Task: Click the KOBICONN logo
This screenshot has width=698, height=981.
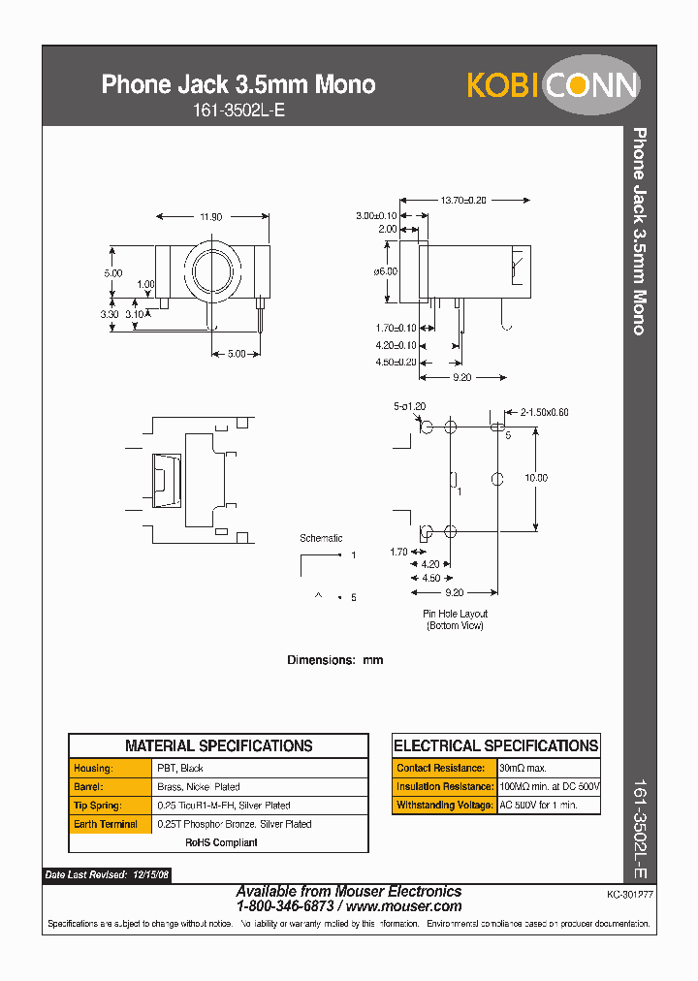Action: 553,85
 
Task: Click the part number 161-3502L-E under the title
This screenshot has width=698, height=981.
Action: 238,111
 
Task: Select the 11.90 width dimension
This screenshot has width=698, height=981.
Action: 210,217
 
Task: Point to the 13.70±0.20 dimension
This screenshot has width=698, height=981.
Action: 463,200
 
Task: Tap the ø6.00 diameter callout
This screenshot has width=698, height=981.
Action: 385,271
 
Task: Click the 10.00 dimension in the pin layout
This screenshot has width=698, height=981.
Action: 535,478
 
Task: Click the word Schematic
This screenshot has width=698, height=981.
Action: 321,538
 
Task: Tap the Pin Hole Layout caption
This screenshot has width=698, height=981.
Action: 455,614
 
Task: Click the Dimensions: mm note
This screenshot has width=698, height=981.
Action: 334,660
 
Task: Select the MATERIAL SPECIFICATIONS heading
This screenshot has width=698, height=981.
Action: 218,745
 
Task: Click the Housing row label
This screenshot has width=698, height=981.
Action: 93,768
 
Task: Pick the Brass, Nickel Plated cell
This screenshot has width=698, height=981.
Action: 199,787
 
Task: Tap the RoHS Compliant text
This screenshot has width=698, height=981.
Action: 222,842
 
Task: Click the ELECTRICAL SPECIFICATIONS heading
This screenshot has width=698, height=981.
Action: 495,745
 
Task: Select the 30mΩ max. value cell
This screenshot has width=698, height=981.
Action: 523,768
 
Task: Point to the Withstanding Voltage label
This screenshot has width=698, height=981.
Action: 443,805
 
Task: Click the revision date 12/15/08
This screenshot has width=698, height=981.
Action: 150,874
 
